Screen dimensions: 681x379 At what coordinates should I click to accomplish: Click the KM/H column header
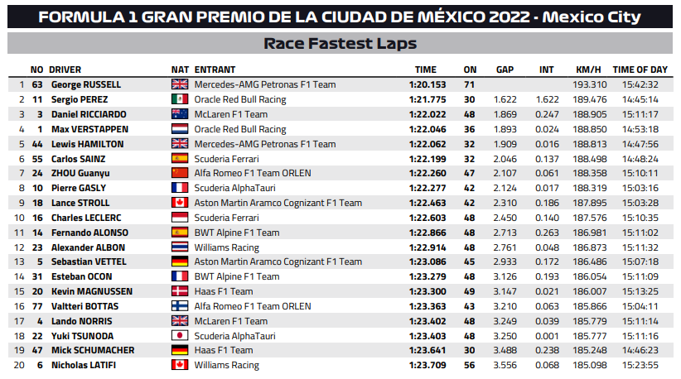tap(588, 70)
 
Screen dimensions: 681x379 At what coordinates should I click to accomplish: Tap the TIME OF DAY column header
tap(640, 70)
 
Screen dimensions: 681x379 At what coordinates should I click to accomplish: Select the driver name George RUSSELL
tap(86, 84)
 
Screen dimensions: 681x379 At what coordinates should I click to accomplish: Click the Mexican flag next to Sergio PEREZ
tap(180, 99)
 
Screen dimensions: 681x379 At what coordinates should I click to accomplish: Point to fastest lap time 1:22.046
tap(427, 129)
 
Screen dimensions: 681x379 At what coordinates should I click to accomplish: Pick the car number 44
tap(37, 144)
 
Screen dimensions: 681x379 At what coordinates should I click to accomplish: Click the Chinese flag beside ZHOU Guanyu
tap(180, 173)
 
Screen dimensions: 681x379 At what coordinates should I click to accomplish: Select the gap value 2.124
tap(505, 188)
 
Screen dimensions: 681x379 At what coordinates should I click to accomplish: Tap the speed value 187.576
tap(589, 218)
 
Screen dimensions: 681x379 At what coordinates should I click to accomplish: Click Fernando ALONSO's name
tap(89, 233)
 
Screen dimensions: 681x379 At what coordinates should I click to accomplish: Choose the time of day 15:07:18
tap(640, 262)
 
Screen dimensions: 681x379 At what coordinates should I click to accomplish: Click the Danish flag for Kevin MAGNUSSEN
tap(180, 291)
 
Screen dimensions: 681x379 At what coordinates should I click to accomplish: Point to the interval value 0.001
tap(547, 336)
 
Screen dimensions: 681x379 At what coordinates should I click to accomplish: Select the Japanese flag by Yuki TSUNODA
tap(180, 336)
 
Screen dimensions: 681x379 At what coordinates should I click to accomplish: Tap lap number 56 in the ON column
tap(469, 365)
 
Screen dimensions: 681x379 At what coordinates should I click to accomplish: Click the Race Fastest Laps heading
tap(340, 43)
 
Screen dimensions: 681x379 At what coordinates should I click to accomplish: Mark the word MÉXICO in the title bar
tap(452, 17)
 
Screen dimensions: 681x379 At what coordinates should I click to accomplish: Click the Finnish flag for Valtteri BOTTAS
tap(180, 306)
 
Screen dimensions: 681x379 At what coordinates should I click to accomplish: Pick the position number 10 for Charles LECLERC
tap(19, 218)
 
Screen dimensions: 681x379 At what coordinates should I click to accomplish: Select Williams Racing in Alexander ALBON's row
tap(226, 247)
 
